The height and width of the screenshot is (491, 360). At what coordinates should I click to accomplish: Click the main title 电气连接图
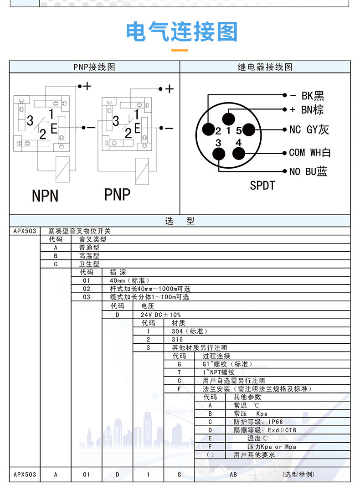[x=182, y=32]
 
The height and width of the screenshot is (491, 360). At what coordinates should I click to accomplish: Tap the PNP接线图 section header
[x=94, y=67]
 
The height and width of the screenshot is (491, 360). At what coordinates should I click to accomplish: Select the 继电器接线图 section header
[x=265, y=67]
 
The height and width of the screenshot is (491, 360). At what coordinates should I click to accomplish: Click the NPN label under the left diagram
[x=45, y=196]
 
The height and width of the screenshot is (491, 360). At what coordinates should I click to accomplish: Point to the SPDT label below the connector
[x=262, y=185]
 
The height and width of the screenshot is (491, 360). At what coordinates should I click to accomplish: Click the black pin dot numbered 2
[x=208, y=130]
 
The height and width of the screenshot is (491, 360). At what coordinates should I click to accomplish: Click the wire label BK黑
[x=313, y=96]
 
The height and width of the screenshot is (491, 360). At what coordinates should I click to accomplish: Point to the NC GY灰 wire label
[x=309, y=130]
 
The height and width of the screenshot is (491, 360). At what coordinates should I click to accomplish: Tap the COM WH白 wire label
[x=309, y=153]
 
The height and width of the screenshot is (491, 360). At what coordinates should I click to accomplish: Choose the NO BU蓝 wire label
[x=308, y=171]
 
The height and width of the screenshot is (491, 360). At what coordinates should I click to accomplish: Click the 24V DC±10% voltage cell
[x=161, y=315]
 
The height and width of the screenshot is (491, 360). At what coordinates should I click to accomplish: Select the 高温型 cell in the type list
[x=89, y=256]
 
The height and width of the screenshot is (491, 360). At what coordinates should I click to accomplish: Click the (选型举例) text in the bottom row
[x=298, y=475]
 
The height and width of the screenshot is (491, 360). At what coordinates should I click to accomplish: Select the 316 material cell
[x=177, y=339]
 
